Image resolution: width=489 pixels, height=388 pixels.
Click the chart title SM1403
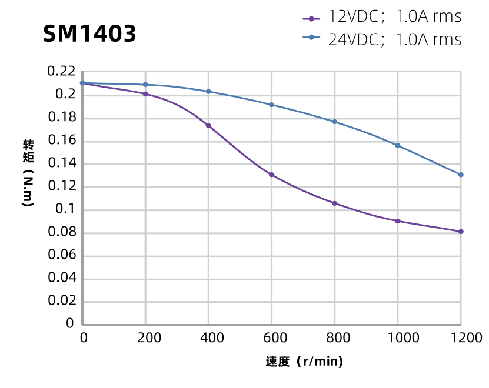coord(89,34)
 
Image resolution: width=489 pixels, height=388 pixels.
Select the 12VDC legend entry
coord(381,17)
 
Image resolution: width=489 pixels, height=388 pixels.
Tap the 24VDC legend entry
coord(381,39)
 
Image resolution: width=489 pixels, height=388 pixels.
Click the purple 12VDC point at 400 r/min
coord(208,126)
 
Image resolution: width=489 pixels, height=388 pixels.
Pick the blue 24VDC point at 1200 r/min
coord(461,175)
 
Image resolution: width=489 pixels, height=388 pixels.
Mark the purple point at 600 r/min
coord(271,175)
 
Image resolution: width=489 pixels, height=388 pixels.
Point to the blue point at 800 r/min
coord(335,122)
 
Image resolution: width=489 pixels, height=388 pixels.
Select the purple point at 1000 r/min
coord(398,221)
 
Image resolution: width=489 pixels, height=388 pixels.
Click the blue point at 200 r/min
coord(145,85)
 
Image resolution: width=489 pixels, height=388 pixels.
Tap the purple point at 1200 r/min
coord(461,232)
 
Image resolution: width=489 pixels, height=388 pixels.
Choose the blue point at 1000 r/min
coord(398,145)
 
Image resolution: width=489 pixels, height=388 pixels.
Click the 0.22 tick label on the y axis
coord(61,72)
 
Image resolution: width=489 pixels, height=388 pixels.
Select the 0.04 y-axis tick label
coord(61,278)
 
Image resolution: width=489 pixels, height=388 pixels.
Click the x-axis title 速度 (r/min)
coord(304,361)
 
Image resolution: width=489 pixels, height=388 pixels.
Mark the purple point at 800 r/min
coord(335,203)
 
